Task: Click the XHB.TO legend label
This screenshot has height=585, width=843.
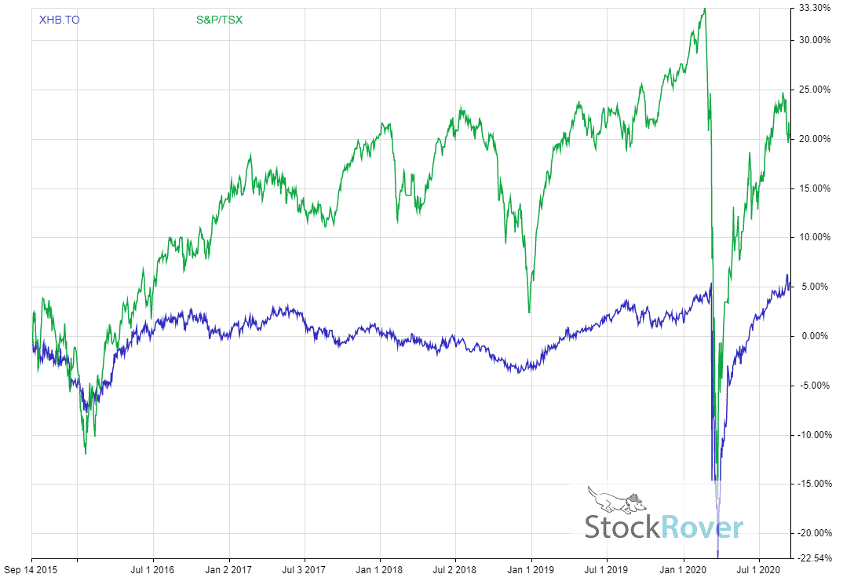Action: pos(59,19)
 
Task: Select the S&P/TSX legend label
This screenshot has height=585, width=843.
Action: pos(219,19)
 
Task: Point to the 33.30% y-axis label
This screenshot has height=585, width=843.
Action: pos(814,8)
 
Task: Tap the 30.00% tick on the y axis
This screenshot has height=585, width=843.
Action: pos(814,41)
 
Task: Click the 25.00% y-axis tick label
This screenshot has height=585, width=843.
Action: pos(814,90)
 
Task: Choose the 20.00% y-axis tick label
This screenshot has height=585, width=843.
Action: pos(814,139)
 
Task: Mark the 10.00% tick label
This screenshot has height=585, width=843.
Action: pos(814,237)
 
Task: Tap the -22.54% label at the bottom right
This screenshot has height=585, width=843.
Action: pos(812,558)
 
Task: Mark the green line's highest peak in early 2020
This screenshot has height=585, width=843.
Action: pos(704,9)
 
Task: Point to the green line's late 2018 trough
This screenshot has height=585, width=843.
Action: pos(529,312)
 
